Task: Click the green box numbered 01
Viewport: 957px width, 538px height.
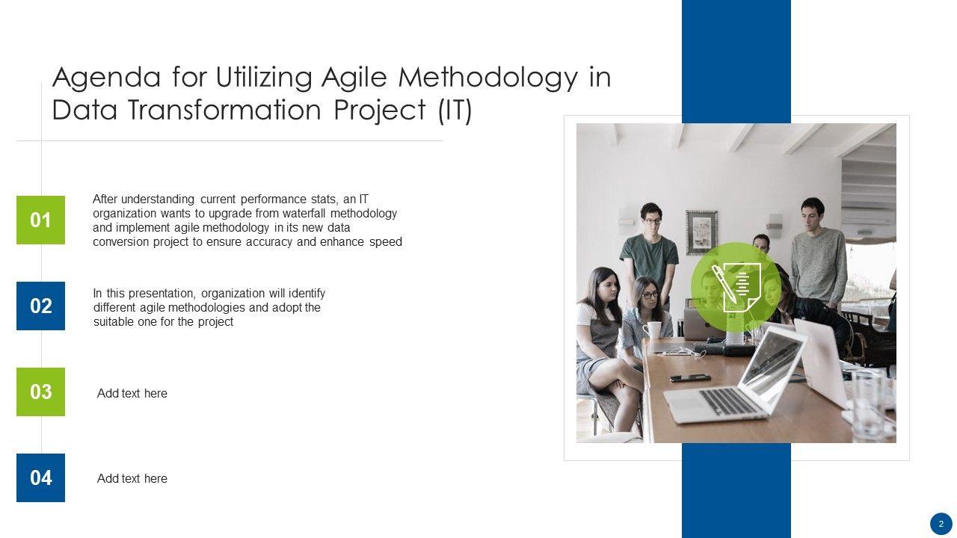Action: [x=40, y=220]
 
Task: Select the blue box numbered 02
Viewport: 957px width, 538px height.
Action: [x=40, y=306]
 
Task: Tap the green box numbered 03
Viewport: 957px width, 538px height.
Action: [x=40, y=392]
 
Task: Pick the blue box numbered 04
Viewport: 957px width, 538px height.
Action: [x=40, y=477]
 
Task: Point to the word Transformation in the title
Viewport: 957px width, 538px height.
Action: [x=224, y=109]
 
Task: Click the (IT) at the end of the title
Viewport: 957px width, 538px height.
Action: [x=455, y=110]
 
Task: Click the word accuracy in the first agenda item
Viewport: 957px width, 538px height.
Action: [x=270, y=242]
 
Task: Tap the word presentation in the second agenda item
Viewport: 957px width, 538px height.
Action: [x=163, y=294]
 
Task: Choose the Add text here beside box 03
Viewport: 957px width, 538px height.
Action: [x=132, y=393]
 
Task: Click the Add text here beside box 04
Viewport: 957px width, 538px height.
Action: [x=132, y=479]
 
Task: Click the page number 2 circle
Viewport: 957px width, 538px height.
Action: [x=941, y=524]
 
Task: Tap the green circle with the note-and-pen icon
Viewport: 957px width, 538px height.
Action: [x=736, y=288]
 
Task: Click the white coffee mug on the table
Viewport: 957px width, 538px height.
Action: [x=653, y=330]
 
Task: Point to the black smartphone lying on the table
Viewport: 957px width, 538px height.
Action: [x=690, y=378]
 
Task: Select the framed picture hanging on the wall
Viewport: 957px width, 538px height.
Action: [x=701, y=232]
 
